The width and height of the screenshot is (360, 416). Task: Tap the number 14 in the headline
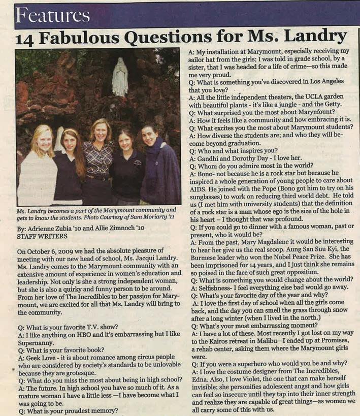point(24,38)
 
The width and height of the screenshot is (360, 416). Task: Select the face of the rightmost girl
point(149,137)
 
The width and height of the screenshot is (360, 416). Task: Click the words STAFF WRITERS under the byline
point(38,236)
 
